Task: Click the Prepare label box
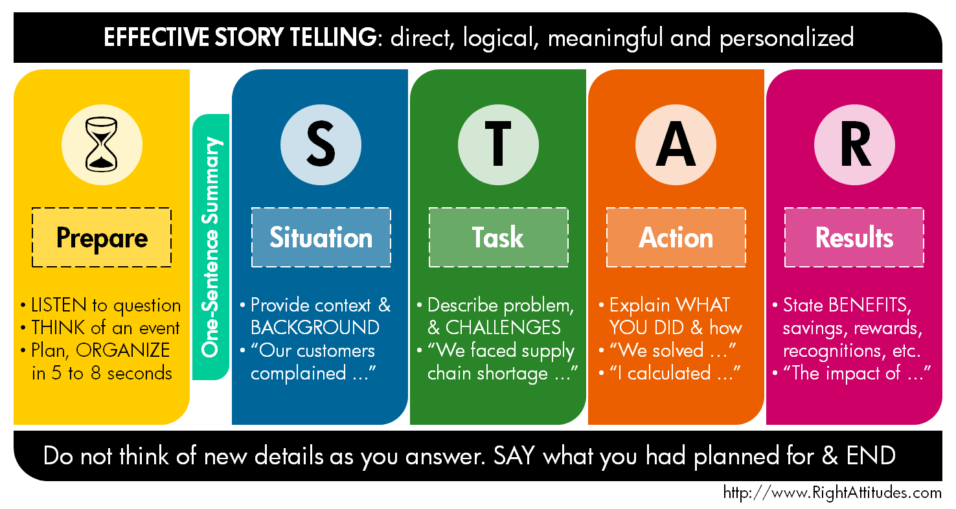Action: [102, 238]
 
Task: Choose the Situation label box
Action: [321, 238]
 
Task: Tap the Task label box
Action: [498, 238]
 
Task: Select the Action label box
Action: [676, 238]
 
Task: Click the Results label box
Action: [854, 238]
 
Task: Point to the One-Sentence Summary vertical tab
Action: [211, 247]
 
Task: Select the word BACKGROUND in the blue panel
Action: [315, 327]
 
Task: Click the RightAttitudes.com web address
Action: [832, 493]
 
